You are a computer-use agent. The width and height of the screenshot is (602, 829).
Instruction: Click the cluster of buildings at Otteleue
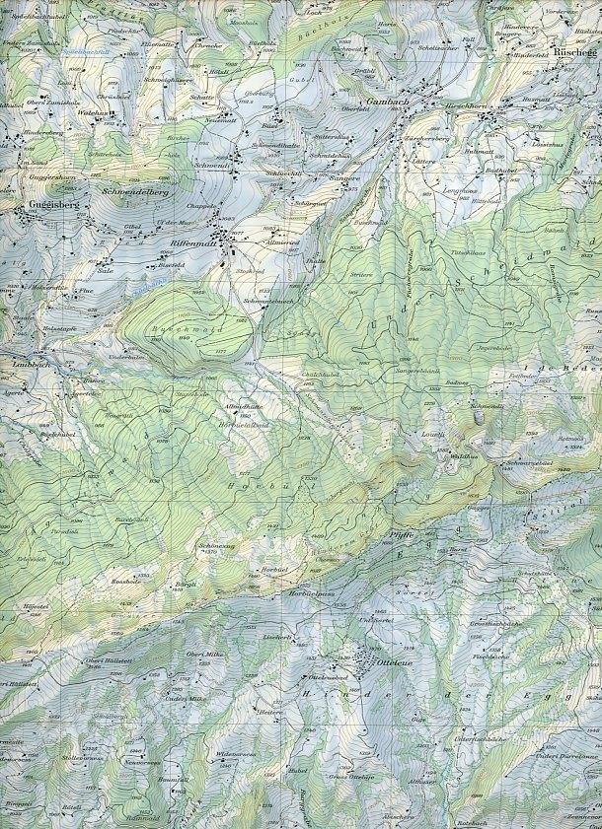tap(362, 658)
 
